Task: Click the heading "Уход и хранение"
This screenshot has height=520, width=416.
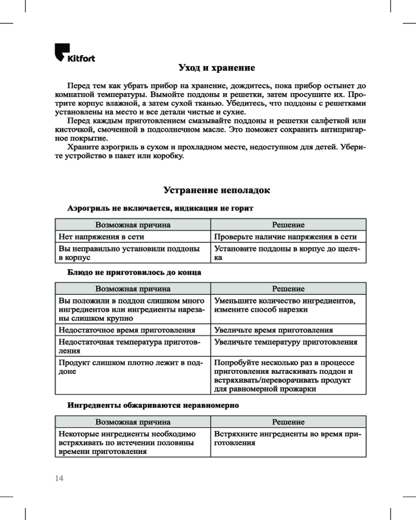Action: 216,68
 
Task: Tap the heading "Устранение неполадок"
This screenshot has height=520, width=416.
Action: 217,190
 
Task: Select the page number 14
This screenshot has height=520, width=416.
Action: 59,478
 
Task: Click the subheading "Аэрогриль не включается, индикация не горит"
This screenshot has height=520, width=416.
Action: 160,208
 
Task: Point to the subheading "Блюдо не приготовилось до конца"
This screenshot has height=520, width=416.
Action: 134,272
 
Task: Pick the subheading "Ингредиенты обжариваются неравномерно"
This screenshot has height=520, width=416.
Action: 153,406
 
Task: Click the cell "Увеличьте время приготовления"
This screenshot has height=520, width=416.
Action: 274,330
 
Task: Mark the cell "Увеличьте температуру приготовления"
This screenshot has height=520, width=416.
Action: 285,342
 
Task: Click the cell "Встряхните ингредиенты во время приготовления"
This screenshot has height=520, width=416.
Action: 287,438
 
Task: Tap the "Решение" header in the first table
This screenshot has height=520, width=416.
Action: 288,225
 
